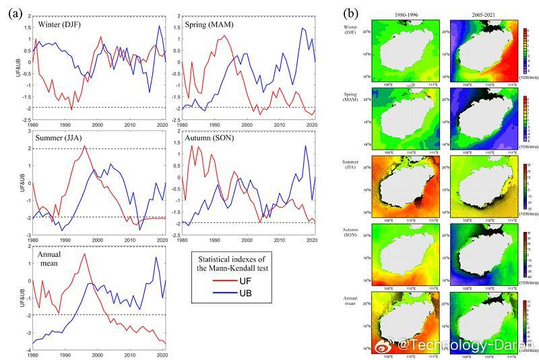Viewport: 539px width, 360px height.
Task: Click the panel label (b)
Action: click(x=352, y=12)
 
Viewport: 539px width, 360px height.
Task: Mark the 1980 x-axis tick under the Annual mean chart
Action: click(x=32, y=355)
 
